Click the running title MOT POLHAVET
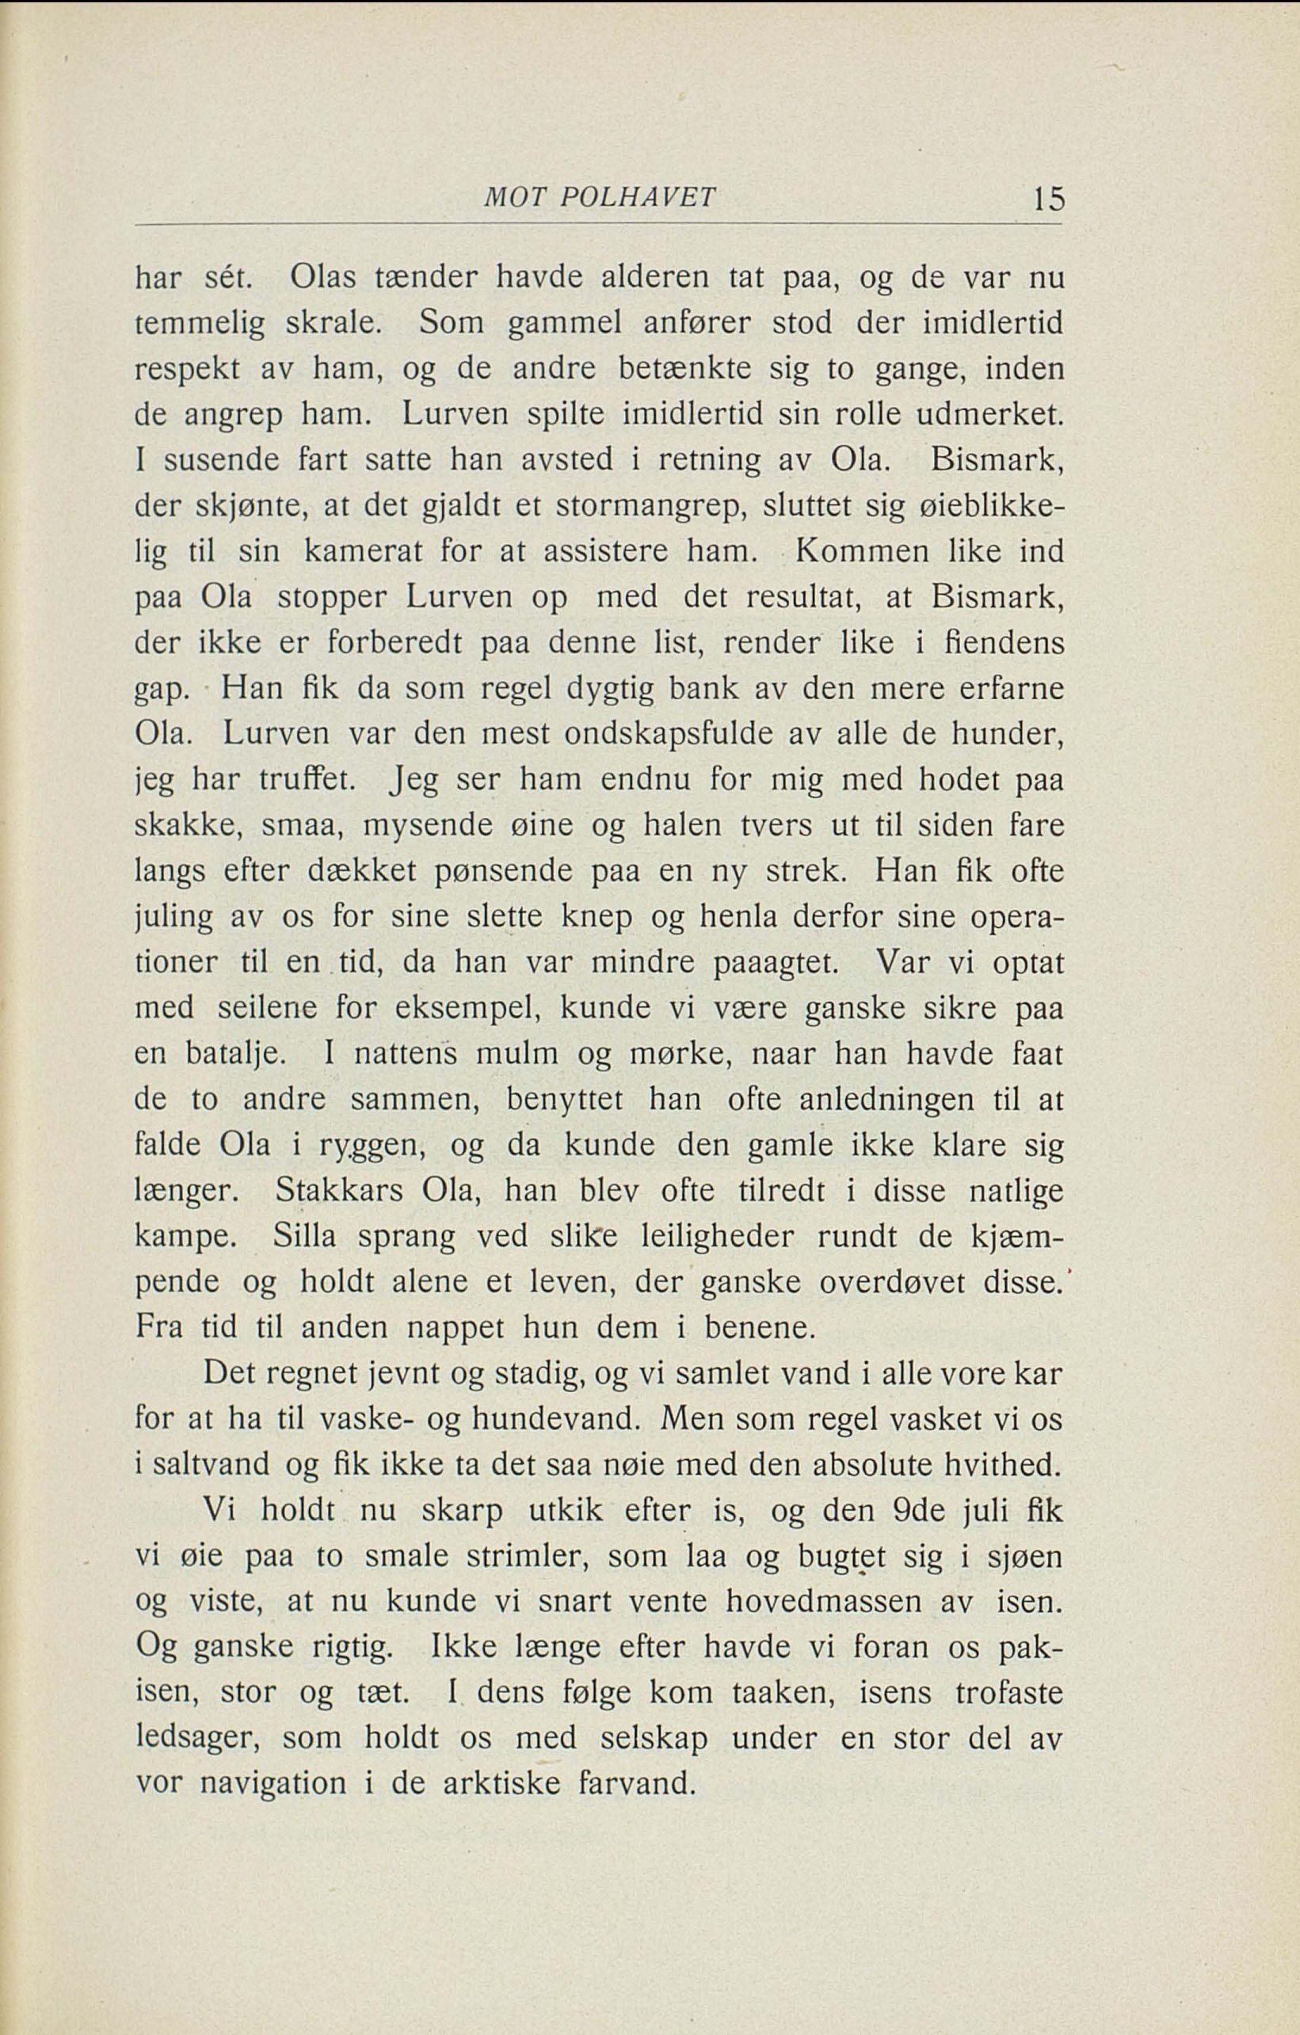click(x=598, y=199)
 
